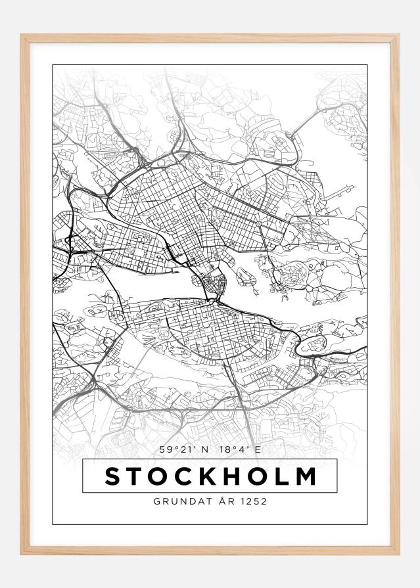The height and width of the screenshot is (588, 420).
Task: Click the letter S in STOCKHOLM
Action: pos(114,476)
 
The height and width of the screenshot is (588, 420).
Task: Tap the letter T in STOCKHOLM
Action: pos(137,476)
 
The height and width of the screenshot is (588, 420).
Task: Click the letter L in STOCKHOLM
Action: pos(286,476)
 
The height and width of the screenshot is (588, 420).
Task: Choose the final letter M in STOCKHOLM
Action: pos(307,476)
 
